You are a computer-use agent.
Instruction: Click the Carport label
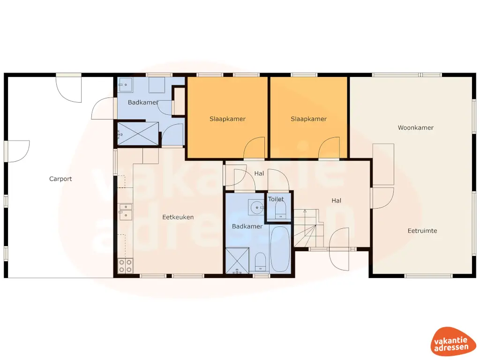coord(60,179)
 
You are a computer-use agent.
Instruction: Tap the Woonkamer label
coord(415,127)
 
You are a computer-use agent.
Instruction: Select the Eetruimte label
coord(422,231)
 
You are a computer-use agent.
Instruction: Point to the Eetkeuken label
coord(178,217)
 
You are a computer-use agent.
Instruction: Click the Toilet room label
coord(276,199)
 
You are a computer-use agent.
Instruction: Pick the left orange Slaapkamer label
coord(227,119)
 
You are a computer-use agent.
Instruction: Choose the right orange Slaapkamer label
coord(308,119)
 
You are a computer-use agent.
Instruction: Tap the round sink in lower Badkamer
coord(256,207)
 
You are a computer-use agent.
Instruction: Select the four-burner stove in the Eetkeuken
coord(125,266)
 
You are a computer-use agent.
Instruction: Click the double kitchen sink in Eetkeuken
coord(125,211)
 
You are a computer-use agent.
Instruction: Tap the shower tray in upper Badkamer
coord(138,134)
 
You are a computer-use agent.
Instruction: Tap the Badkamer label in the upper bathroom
coord(142,103)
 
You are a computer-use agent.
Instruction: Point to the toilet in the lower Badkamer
coord(260,262)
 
